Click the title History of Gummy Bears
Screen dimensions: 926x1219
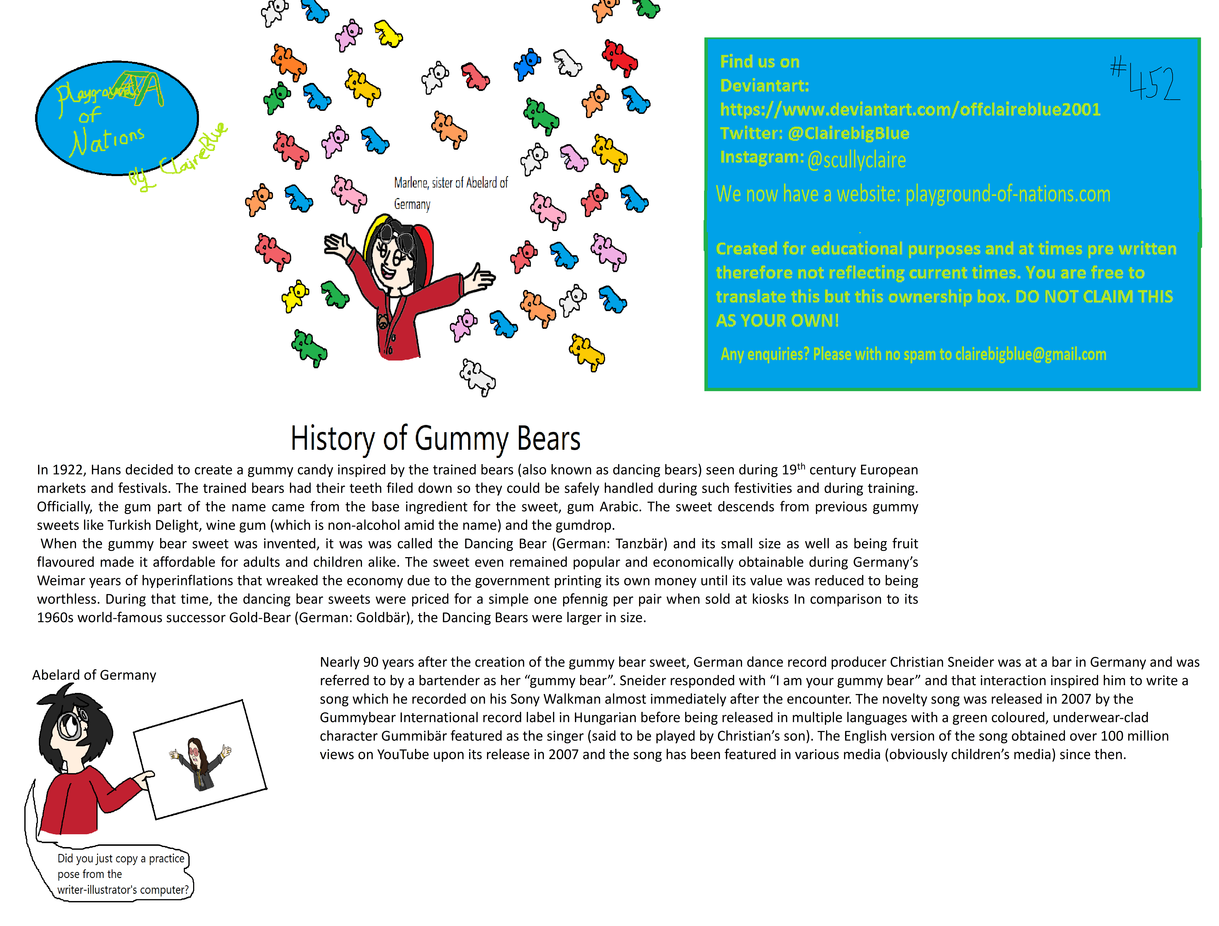(x=435, y=439)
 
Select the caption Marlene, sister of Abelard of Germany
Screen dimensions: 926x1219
(x=450, y=193)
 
